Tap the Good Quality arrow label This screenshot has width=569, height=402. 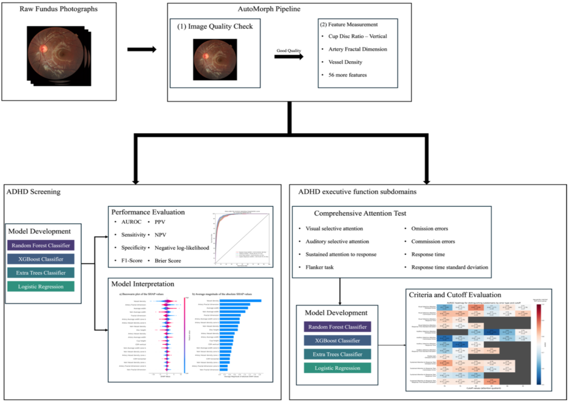[x=289, y=50]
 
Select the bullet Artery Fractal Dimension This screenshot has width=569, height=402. [x=354, y=49]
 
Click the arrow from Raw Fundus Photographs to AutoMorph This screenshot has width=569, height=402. [x=142, y=50]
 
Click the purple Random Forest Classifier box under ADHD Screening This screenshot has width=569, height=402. [x=41, y=245]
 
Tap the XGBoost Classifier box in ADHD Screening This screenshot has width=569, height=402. [x=41, y=259]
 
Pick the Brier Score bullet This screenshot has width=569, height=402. [x=168, y=261]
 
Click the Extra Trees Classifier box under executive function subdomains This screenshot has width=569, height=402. [x=337, y=354]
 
